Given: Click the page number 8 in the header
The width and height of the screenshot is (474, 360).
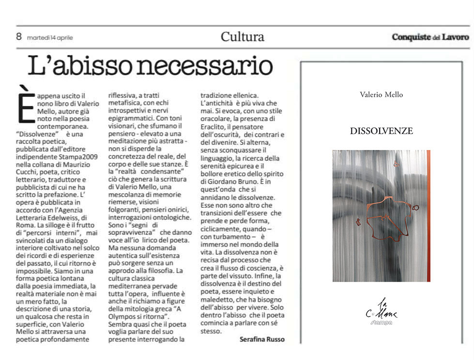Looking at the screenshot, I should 19,36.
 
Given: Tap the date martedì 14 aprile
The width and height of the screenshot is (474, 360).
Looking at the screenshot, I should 50,37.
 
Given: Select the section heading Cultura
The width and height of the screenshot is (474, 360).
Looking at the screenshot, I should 242,37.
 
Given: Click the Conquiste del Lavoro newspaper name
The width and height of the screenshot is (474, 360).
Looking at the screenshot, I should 430,37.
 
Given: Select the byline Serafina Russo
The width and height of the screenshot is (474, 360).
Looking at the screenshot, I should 262,340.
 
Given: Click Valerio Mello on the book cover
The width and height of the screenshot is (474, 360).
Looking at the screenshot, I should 381,95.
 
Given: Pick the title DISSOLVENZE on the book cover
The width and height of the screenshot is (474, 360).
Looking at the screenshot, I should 381,131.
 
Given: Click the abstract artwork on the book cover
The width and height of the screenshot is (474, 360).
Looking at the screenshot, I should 381,216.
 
